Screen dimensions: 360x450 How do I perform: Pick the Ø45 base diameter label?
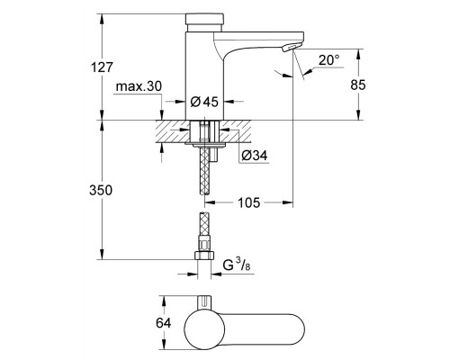pyautogui.click(x=205, y=102)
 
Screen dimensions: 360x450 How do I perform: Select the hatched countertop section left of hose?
pyautogui.click(x=171, y=131)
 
